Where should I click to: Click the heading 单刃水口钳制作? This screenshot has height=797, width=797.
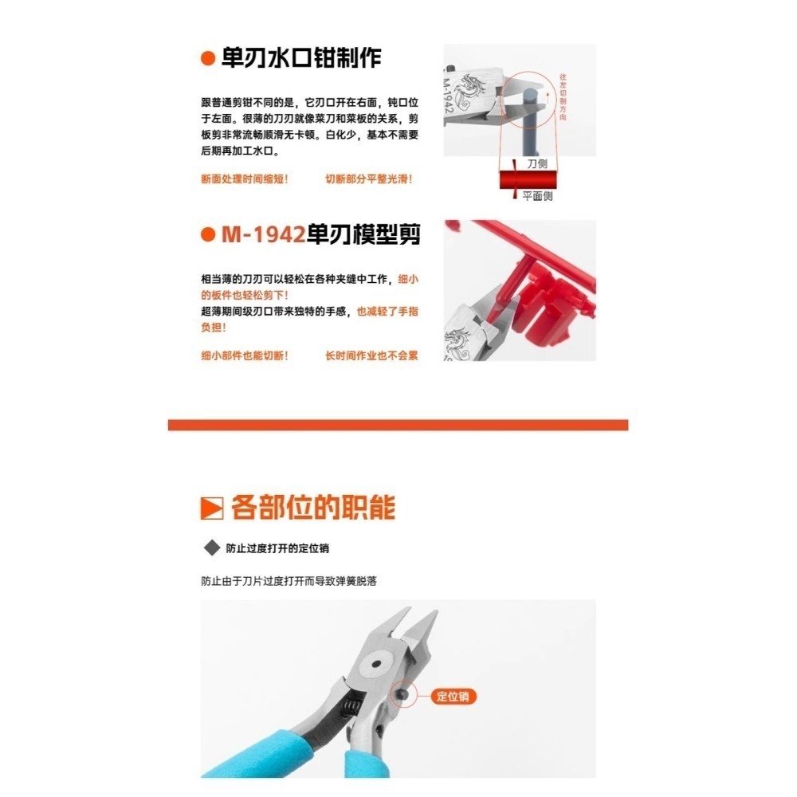tap(301, 58)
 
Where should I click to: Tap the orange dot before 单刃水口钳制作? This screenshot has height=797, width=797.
tap(208, 59)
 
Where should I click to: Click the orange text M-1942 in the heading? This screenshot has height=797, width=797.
tap(263, 235)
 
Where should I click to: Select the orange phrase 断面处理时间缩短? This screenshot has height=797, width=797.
tap(245, 179)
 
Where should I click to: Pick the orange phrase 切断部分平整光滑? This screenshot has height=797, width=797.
tap(369, 179)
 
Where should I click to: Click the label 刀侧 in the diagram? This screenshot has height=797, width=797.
tap(537, 163)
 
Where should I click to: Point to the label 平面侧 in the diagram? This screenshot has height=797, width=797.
tap(537, 196)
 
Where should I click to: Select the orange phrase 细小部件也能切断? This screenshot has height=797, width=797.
tap(245, 355)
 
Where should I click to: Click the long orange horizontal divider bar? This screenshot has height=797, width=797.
tap(398, 425)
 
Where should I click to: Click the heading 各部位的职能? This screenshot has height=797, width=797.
tap(312, 507)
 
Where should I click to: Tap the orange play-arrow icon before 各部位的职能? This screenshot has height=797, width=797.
tap(211, 508)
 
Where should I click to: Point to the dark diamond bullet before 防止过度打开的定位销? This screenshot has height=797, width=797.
tap(212, 548)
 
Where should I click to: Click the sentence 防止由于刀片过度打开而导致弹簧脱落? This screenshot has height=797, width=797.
tap(289, 581)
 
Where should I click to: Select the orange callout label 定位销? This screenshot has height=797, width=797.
tap(454, 696)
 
